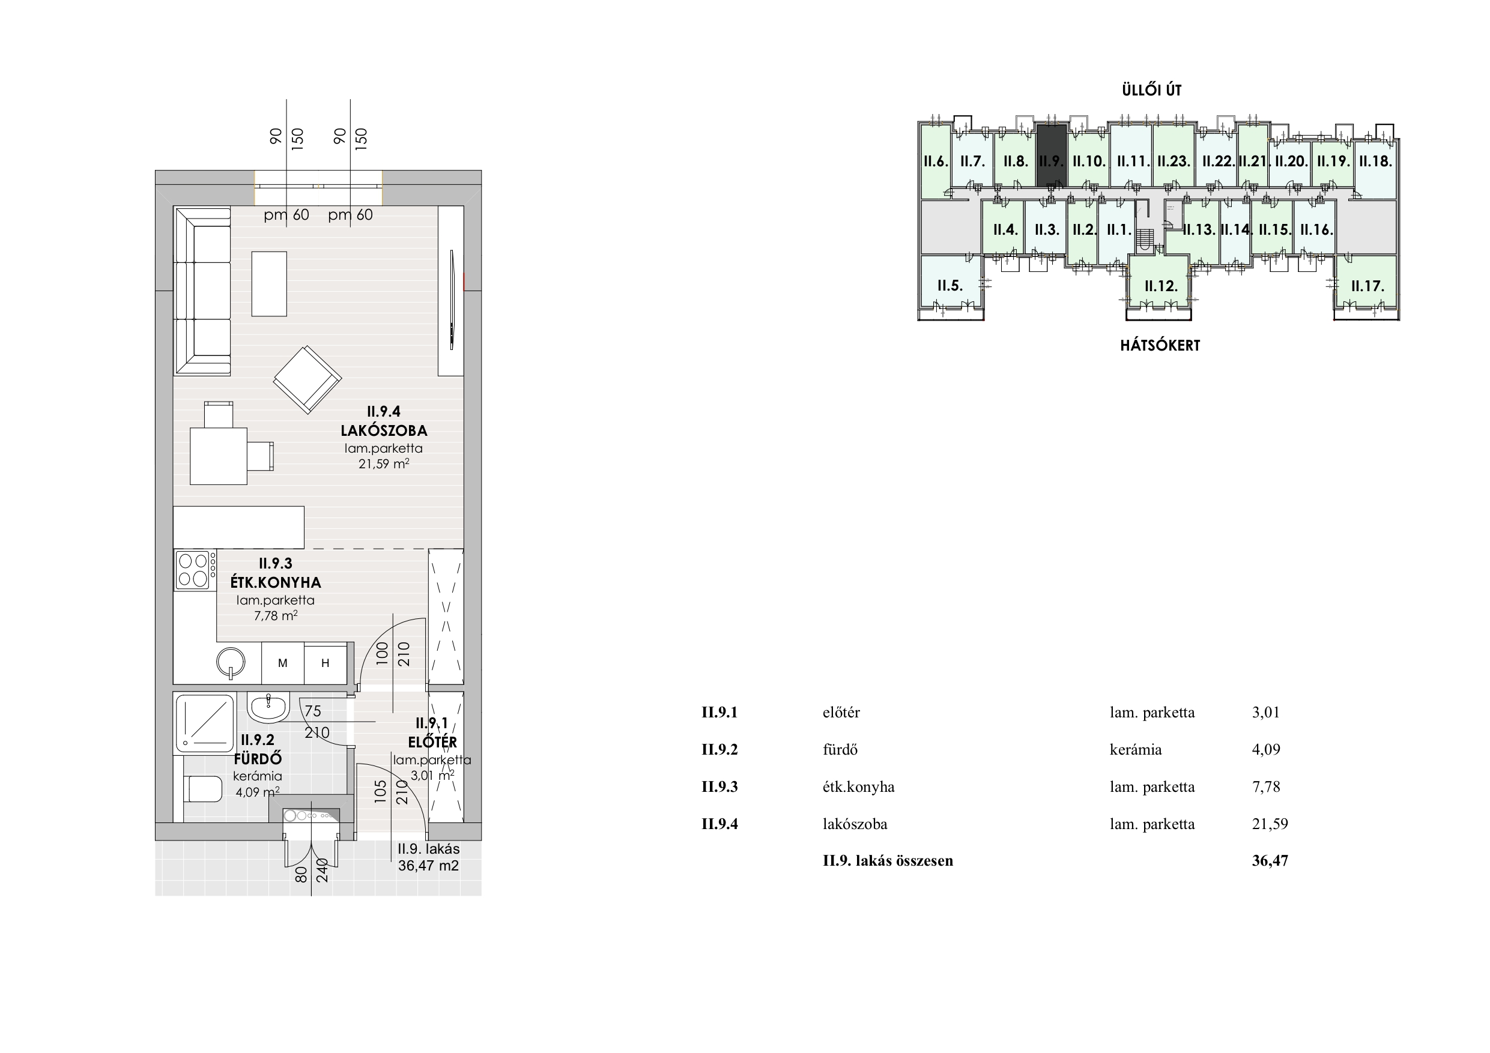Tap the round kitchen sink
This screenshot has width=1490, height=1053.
tap(231, 662)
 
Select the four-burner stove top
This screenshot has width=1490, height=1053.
tap(195, 570)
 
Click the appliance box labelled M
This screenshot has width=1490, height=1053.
tap(283, 663)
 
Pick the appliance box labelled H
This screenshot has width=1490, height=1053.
tap(326, 663)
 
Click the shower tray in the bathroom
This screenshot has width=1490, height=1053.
tap(205, 723)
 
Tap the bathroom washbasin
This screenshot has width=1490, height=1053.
tap(268, 707)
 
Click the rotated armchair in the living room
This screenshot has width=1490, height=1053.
tap(307, 379)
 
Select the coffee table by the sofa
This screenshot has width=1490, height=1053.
tap(269, 284)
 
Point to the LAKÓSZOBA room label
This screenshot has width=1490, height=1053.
tap(384, 431)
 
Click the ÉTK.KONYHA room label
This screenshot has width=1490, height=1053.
tap(276, 582)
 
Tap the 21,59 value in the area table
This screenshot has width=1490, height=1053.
tap(1270, 824)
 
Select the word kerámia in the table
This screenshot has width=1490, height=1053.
tap(1136, 749)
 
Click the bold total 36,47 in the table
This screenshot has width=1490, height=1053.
tap(1270, 861)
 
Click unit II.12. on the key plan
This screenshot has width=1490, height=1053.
tap(1161, 286)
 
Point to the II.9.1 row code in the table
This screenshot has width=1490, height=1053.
tap(719, 713)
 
